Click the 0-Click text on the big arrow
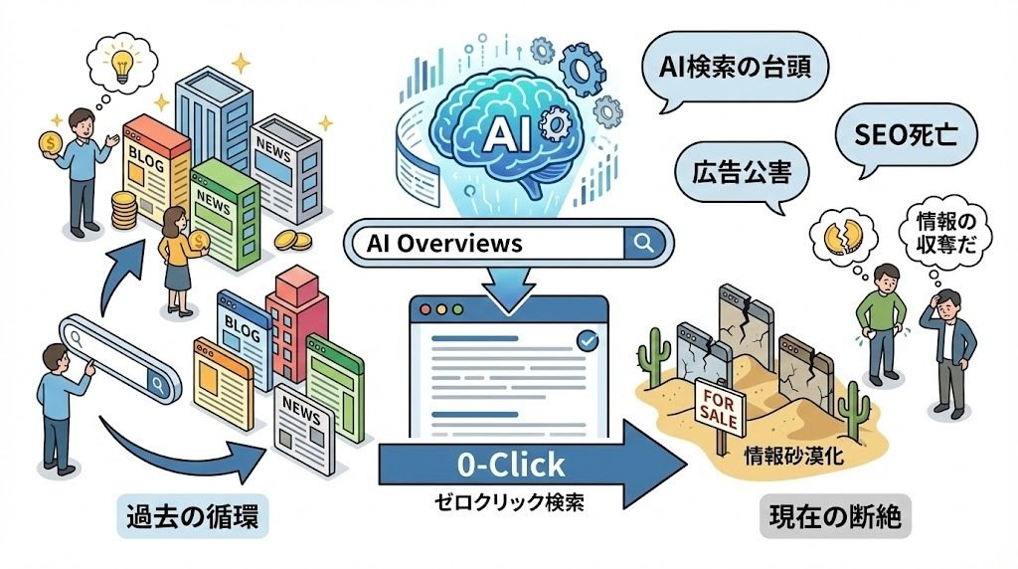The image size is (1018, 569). (510, 464)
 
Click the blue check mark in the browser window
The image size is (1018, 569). (587, 341)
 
